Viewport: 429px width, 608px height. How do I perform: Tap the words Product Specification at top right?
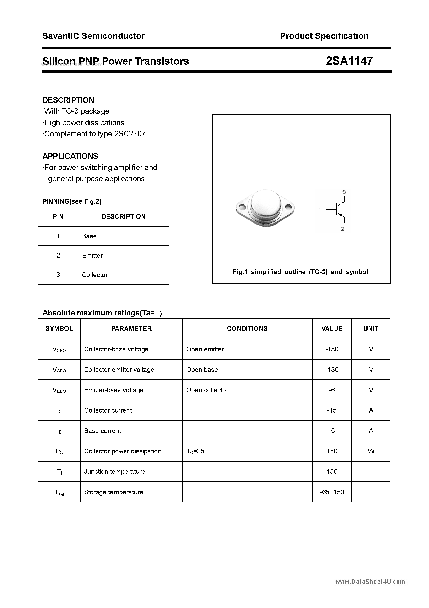(x=324, y=36)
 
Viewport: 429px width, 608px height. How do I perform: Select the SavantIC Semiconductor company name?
(x=93, y=36)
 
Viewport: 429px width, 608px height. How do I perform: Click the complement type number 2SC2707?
(x=130, y=134)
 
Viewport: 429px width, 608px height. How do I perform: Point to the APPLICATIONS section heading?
(x=70, y=156)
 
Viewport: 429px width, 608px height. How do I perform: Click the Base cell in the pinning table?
(x=89, y=236)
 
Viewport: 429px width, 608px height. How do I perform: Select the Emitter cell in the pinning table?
(x=92, y=256)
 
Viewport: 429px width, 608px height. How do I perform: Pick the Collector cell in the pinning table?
(x=95, y=275)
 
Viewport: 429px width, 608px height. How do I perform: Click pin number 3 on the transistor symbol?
(x=344, y=192)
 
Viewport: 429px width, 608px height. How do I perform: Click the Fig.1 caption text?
(x=300, y=272)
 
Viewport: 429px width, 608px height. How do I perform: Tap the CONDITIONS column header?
(x=247, y=329)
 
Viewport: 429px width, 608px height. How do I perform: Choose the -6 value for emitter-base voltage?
(x=332, y=390)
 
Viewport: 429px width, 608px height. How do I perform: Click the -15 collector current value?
(x=332, y=410)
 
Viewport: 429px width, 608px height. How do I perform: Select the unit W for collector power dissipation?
(x=371, y=451)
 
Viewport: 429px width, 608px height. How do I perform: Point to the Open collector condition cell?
(x=207, y=390)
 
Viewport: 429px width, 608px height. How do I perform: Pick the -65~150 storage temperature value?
(x=332, y=492)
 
